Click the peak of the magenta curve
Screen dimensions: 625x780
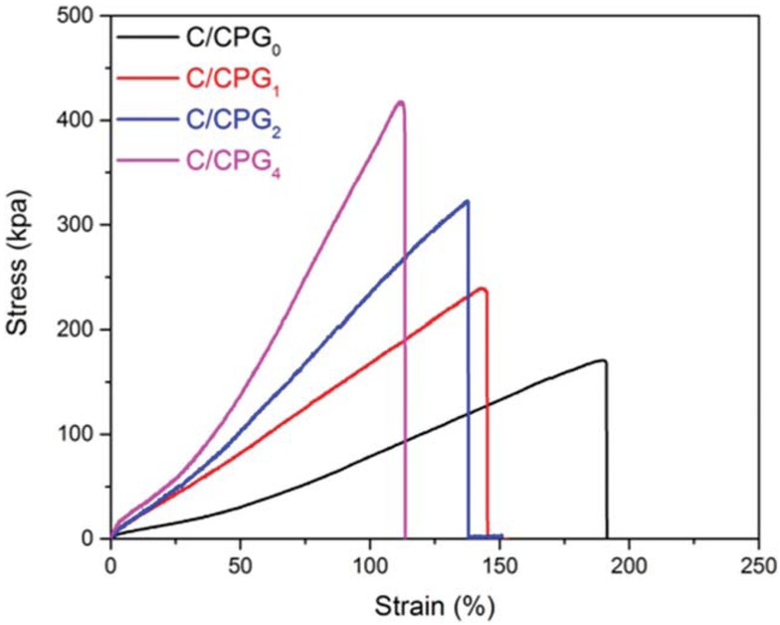401,102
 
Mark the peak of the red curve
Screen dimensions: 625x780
484,289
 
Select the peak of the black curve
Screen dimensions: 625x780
602,360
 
